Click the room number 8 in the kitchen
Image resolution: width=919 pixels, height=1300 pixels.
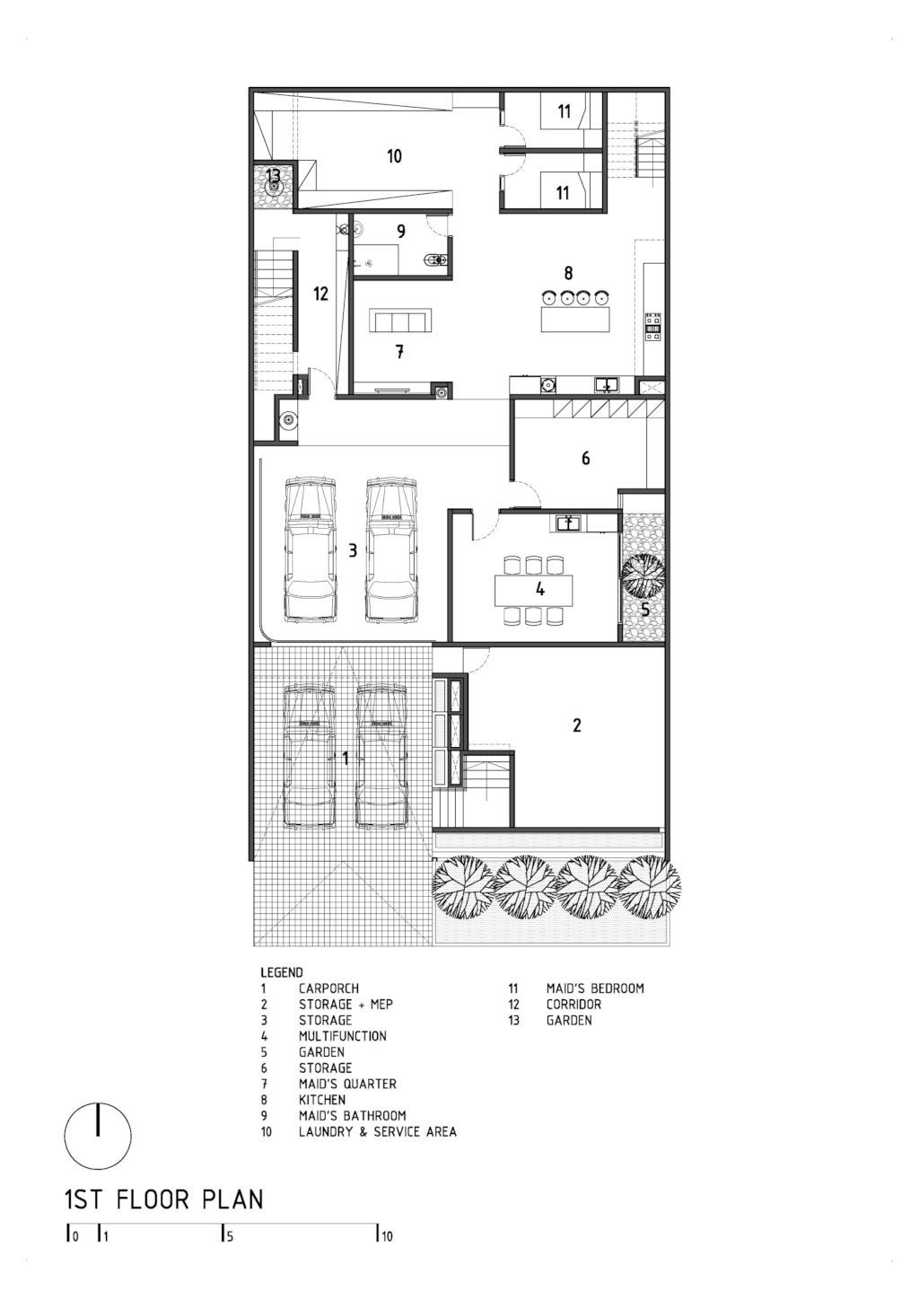pyautogui.click(x=569, y=272)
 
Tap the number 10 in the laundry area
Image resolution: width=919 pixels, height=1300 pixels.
pyautogui.click(x=394, y=155)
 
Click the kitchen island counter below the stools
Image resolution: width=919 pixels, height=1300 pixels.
pyautogui.click(x=575, y=320)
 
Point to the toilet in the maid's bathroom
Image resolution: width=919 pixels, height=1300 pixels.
pyautogui.click(x=437, y=260)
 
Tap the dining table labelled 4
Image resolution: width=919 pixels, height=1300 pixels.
pyautogui.click(x=534, y=590)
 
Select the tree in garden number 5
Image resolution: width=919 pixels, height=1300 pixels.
pyautogui.click(x=643, y=575)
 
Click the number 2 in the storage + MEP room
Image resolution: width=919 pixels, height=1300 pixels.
pyautogui.click(x=577, y=725)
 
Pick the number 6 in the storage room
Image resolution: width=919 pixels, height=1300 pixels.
pyautogui.click(x=586, y=458)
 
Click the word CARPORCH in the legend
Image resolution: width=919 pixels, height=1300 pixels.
pyautogui.click(x=329, y=988)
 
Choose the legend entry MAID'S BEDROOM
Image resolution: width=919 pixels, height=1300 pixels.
pyautogui.click(x=595, y=988)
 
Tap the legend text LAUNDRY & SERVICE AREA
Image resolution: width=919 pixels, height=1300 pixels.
pyautogui.click(x=378, y=1131)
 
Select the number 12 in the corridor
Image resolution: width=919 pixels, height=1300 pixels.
pyautogui.click(x=320, y=294)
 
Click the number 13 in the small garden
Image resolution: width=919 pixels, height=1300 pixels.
pyautogui.click(x=273, y=175)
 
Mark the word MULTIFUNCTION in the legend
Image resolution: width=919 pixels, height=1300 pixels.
pyautogui.click(x=342, y=1036)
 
